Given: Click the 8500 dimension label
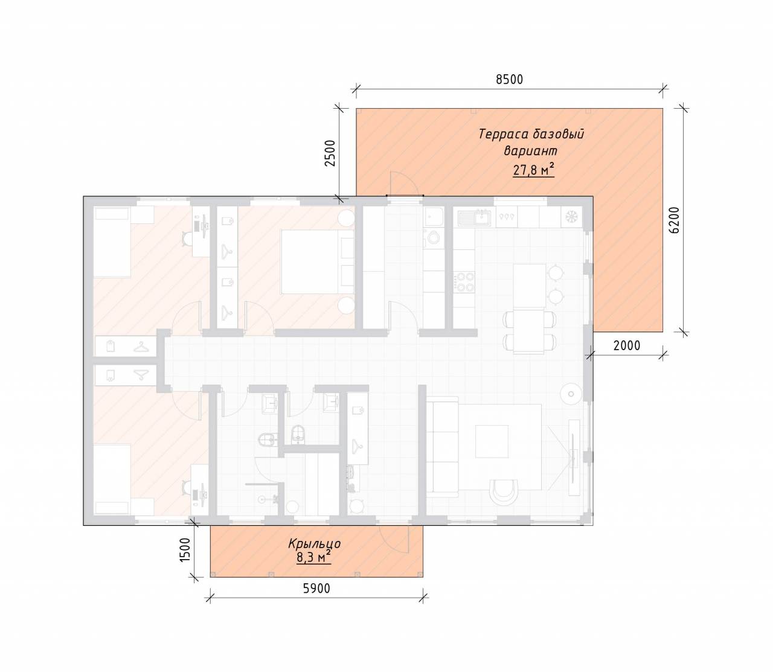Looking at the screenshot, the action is click(x=509, y=79).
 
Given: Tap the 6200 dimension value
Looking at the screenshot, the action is click(x=674, y=220).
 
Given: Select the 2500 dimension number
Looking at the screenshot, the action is click(x=330, y=153).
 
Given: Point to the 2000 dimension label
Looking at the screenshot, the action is click(x=627, y=345).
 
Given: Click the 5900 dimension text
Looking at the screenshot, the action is click(x=316, y=588).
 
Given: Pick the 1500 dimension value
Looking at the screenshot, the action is click(x=185, y=550).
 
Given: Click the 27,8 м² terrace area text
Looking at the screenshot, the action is click(x=533, y=170).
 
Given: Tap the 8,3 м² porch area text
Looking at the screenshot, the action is click(x=314, y=557).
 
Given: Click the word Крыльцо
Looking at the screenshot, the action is click(x=315, y=543).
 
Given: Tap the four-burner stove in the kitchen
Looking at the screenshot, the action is click(x=464, y=282).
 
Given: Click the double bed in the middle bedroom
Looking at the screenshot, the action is click(x=317, y=262).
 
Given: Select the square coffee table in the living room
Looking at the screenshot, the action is click(x=492, y=441).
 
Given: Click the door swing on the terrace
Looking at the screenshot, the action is click(x=403, y=183).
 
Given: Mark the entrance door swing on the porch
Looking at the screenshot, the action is click(x=394, y=541).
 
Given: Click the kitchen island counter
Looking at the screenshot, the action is click(x=529, y=286).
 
